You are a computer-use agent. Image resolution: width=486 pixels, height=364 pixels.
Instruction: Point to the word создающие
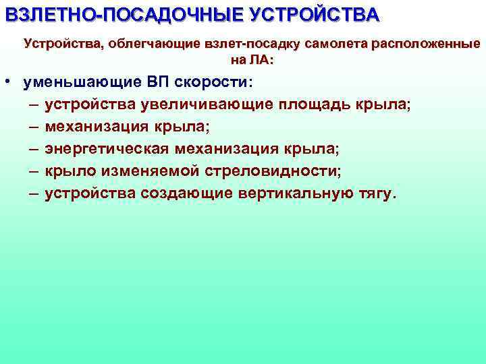tap(186, 193)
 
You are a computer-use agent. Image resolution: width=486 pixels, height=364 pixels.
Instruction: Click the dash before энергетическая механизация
tap(34, 149)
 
